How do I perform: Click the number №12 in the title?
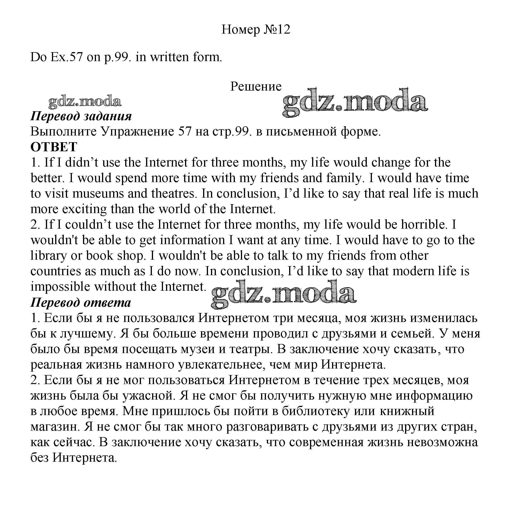coord(277,29)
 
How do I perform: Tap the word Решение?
coord(256,86)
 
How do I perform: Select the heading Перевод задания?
coord(81,116)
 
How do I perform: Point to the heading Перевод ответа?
coord(81,303)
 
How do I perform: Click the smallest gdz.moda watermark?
coord(84,102)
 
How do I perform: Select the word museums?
coord(98,193)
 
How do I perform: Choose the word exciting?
coord(84,209)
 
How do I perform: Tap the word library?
coord(48,256)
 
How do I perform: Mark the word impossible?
coord(60,287)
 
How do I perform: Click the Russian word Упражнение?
coord(137,132)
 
